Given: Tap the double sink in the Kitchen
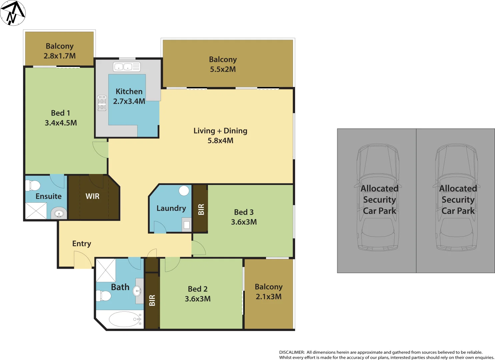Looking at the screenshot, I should (127, 67).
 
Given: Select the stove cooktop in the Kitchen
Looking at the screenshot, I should (102, 103).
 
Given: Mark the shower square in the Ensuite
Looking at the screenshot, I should (36, 211).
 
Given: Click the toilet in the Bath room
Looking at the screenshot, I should (103, 296).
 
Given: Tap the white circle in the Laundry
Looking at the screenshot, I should (184, 191).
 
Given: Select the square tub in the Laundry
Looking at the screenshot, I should (187, 225).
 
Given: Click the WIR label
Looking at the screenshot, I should (92, 196).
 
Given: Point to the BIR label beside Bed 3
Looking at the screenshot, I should (201, 209).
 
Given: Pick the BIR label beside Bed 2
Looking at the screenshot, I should (152, 300).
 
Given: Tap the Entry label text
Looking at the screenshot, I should (82, 244).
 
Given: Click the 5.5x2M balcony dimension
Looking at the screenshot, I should (223, 69).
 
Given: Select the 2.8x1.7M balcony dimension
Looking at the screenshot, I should (60, 56).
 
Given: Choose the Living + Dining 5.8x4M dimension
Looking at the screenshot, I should (220, 141).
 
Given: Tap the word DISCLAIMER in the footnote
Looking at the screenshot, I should (292, 352).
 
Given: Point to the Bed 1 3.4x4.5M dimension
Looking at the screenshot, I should (61, 123).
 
